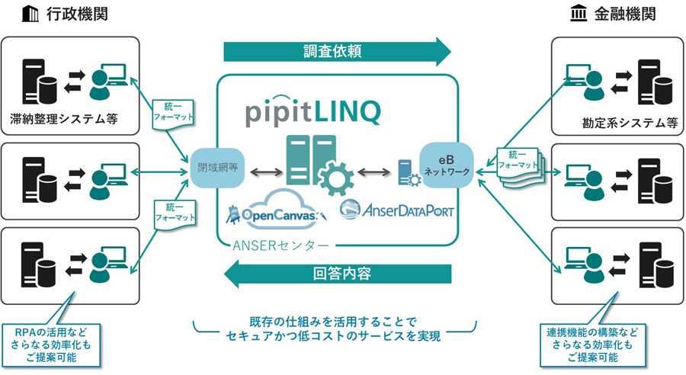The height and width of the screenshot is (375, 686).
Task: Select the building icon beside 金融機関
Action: pos(580,14)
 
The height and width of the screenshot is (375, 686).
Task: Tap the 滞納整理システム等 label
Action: pos(63,120)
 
